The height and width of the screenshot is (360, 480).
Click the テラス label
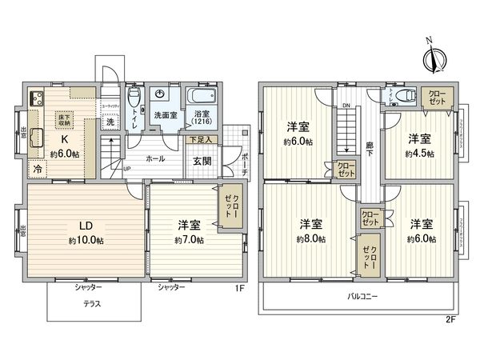tap(94, 303)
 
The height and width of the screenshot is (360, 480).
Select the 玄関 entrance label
tap(201, 160)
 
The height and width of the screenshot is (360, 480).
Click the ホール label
tap(154, 159)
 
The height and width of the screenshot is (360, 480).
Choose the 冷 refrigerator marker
tap(37, 169)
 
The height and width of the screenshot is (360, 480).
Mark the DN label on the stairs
tap(346, 105)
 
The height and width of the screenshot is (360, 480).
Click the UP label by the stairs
tap(127, 169)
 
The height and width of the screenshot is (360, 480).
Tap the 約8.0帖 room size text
tap(311, 239)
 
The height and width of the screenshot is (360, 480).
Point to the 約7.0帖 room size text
tap(189, 239)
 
